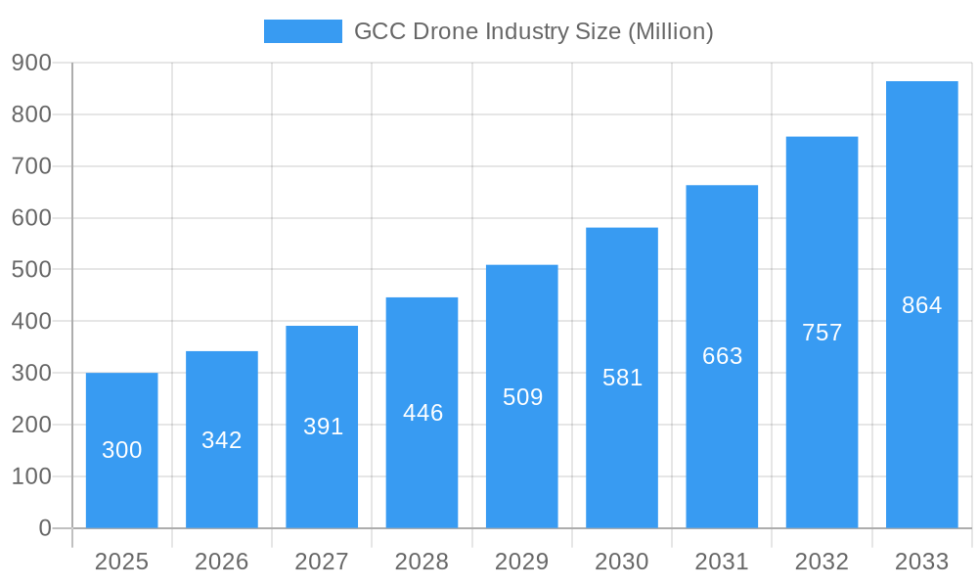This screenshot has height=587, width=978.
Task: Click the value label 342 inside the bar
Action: (x=222, y=440)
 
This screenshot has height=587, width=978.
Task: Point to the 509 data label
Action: (x=522, y=397)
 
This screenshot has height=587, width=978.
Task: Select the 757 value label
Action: (x=822, y=333)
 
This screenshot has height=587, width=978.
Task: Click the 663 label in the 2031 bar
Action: (x=722, y=356)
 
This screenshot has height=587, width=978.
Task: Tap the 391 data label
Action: (x=322, y=427)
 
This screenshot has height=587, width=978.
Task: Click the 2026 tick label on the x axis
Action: (x=222, y=562)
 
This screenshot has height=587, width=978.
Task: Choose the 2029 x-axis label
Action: (x=522, y=562)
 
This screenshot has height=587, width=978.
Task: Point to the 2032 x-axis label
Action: (x=822, y=562)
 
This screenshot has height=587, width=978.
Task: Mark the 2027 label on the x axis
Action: (x=322, y=562)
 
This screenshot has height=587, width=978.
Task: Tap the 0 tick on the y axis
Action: (x=45, y=528)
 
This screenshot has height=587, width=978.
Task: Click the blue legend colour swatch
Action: (x=303, y=31)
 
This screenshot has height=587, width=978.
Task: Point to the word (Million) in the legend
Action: (x=670, y=31)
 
